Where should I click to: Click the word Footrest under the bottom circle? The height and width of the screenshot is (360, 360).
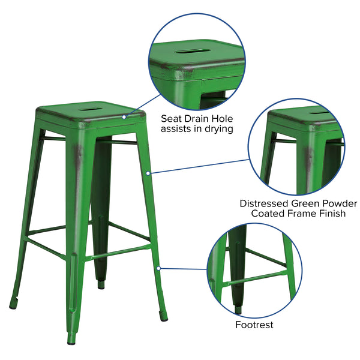pyautogui.click(x=254, y=325)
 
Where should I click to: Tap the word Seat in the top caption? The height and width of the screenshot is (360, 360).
pyautogui.click(x=171, y=119)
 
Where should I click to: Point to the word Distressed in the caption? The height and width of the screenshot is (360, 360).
pyautogui.click(x=264, y=203)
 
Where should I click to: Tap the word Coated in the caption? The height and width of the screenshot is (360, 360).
pyautogui.click(x=268, y=214)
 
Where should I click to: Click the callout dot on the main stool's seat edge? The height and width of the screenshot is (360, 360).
pyautogui.click(x=124, y=117)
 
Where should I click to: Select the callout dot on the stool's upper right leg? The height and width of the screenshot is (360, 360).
pyautogui.click(x=148, y=173)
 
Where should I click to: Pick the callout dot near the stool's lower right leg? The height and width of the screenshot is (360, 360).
pyautogui.click(x=158, y=268)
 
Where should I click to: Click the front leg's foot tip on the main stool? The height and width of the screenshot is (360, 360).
pyautogui.click(x=71, y=340)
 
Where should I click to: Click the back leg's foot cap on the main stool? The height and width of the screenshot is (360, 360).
pyautogui.click(x=101, y=284)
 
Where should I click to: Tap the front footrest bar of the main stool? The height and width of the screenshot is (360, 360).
pyautogui.click(x=118, y=253)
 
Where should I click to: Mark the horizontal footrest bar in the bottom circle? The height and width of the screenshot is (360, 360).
pyautogui.click(x=255, y=278)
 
